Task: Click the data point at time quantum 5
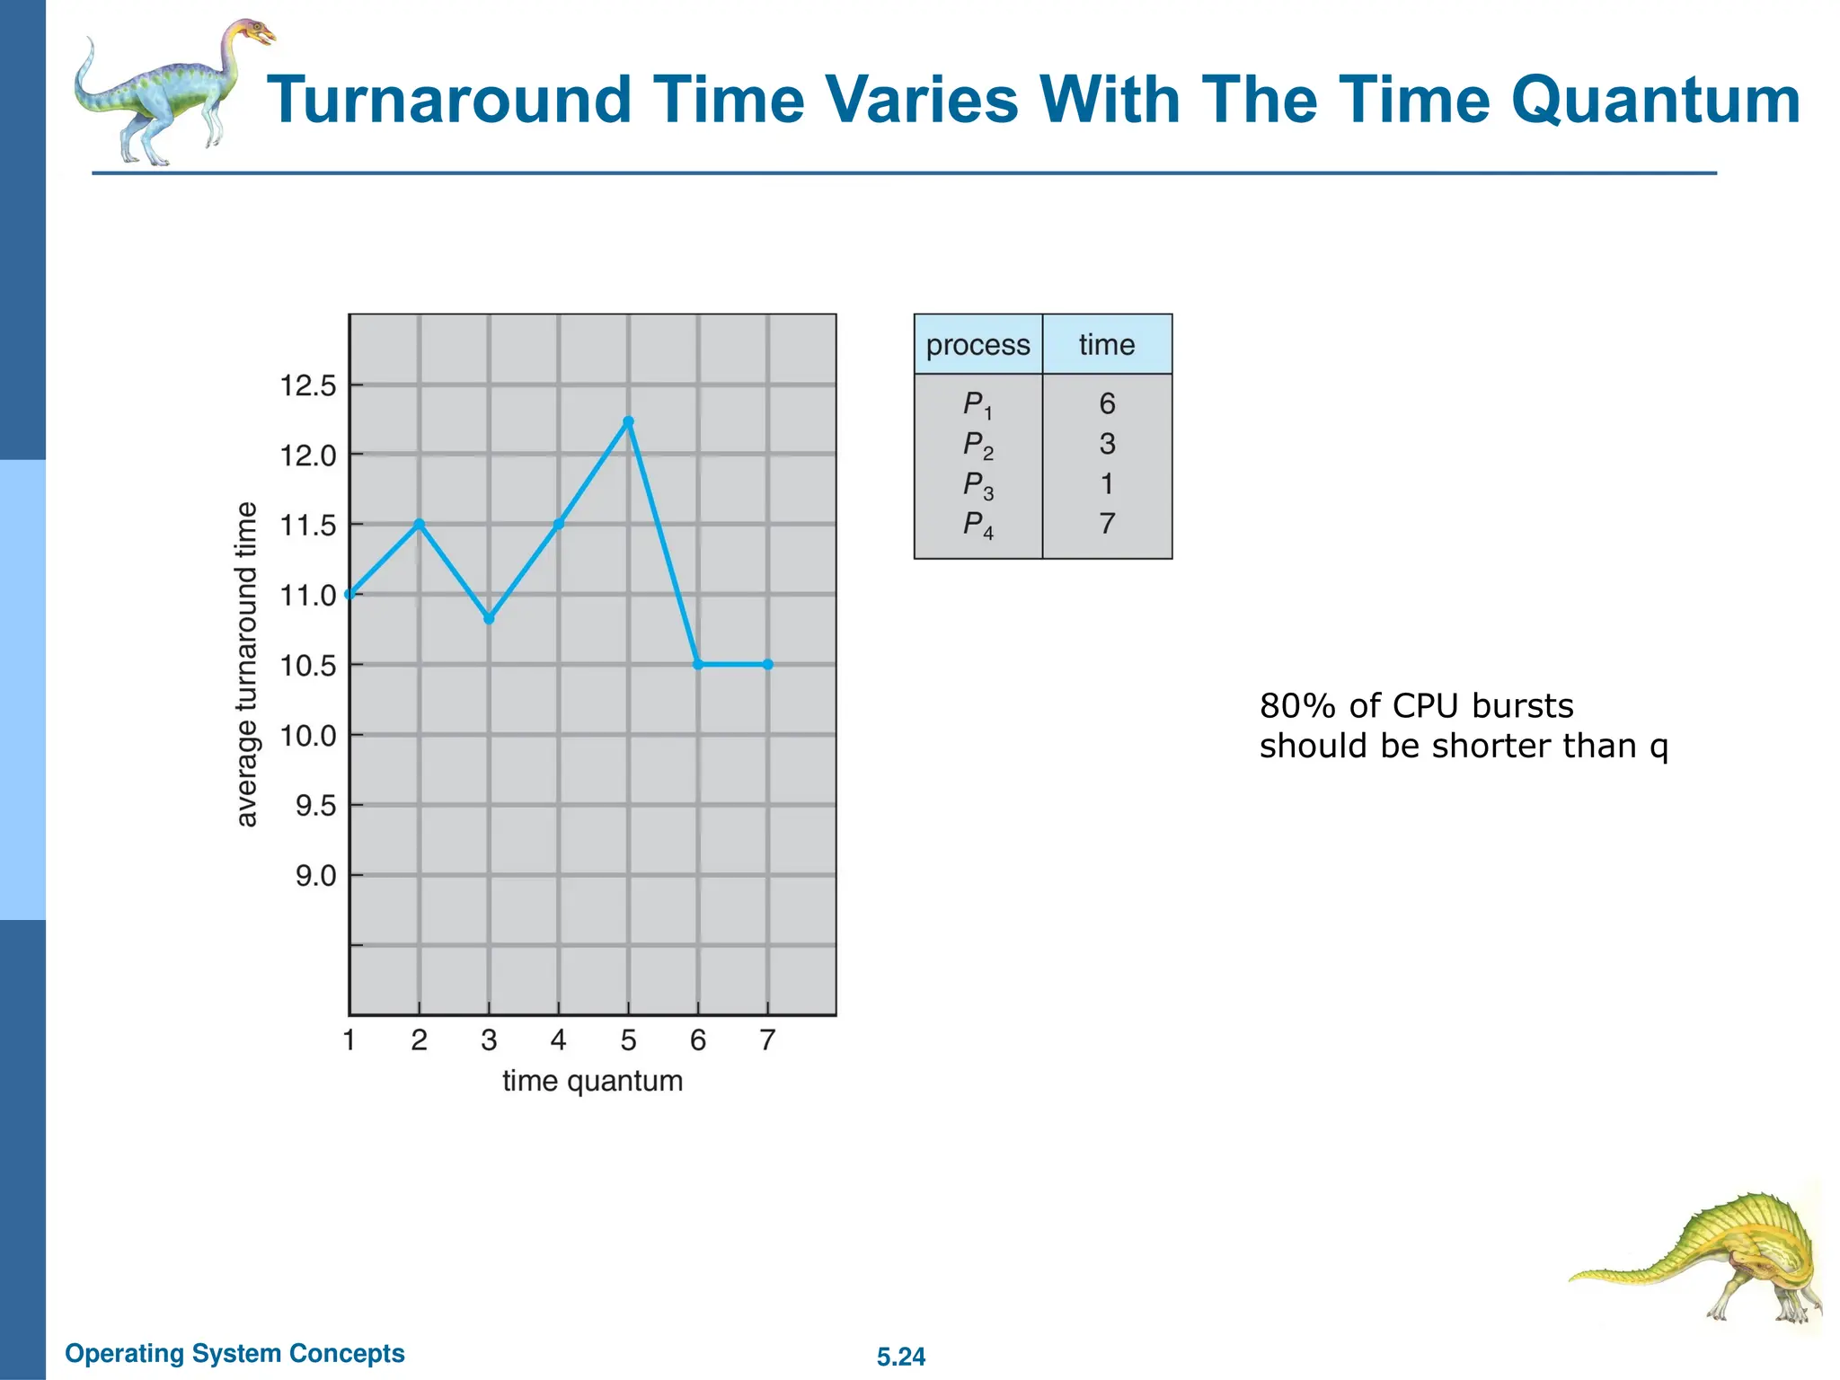(x=628, y=421)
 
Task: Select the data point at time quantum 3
(x=489, y=619)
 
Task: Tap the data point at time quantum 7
(x=767, y=665)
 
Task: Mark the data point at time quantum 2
(x=419, y=524)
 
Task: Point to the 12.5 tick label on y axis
(x=307, y=386)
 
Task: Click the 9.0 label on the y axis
(x=315, y=876)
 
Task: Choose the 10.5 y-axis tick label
(x=307, y=666)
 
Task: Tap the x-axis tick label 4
(x=558, y=1040)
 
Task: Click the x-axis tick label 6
(x=698, y=1040)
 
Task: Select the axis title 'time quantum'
(x=592, y=1081)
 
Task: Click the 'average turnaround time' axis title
(x=246, y=664)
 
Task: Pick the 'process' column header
(x=977, y=345)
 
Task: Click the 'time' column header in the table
(x=1106, y=345)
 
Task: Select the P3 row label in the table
(x=977, y=485)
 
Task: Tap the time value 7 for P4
(x=1107, y=524)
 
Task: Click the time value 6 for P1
(x=1107, y=404)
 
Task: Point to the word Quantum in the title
(x=1655, y=100)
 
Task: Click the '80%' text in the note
(x=1297, y=706)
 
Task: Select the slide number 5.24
(x=900, y=1357)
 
